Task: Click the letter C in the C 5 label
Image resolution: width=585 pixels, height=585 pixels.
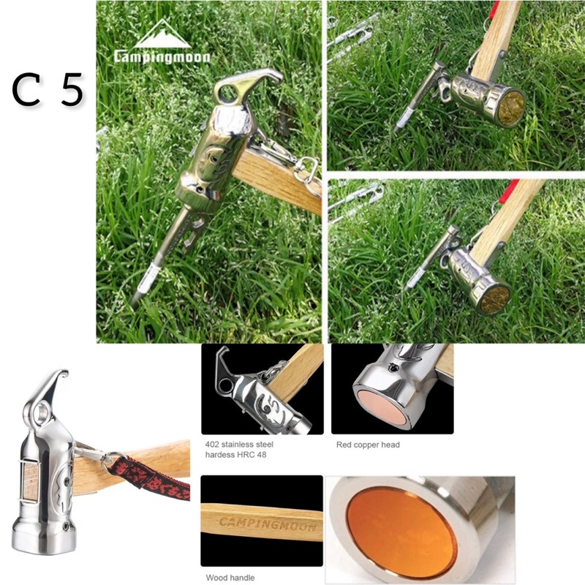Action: [26, 89]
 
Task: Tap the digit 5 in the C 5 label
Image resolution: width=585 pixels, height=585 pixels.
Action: [71, 89]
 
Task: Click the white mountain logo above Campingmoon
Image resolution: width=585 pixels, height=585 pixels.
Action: [162, 34]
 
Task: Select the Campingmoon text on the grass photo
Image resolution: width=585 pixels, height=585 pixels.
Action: [162, 57]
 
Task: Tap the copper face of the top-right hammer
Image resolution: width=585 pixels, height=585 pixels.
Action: [511, 108]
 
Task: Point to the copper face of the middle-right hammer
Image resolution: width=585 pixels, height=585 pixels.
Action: [495, 300]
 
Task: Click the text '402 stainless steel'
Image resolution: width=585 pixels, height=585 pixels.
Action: [239, 445]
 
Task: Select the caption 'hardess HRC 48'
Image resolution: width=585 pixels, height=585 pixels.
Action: [235, 455]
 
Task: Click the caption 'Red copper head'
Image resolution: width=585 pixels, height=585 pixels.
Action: [368, 445]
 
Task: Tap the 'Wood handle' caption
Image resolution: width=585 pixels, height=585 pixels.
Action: [230, 578]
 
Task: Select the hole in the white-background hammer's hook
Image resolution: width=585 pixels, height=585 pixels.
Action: [41, 414]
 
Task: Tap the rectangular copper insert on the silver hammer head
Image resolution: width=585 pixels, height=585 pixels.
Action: [31, 481]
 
